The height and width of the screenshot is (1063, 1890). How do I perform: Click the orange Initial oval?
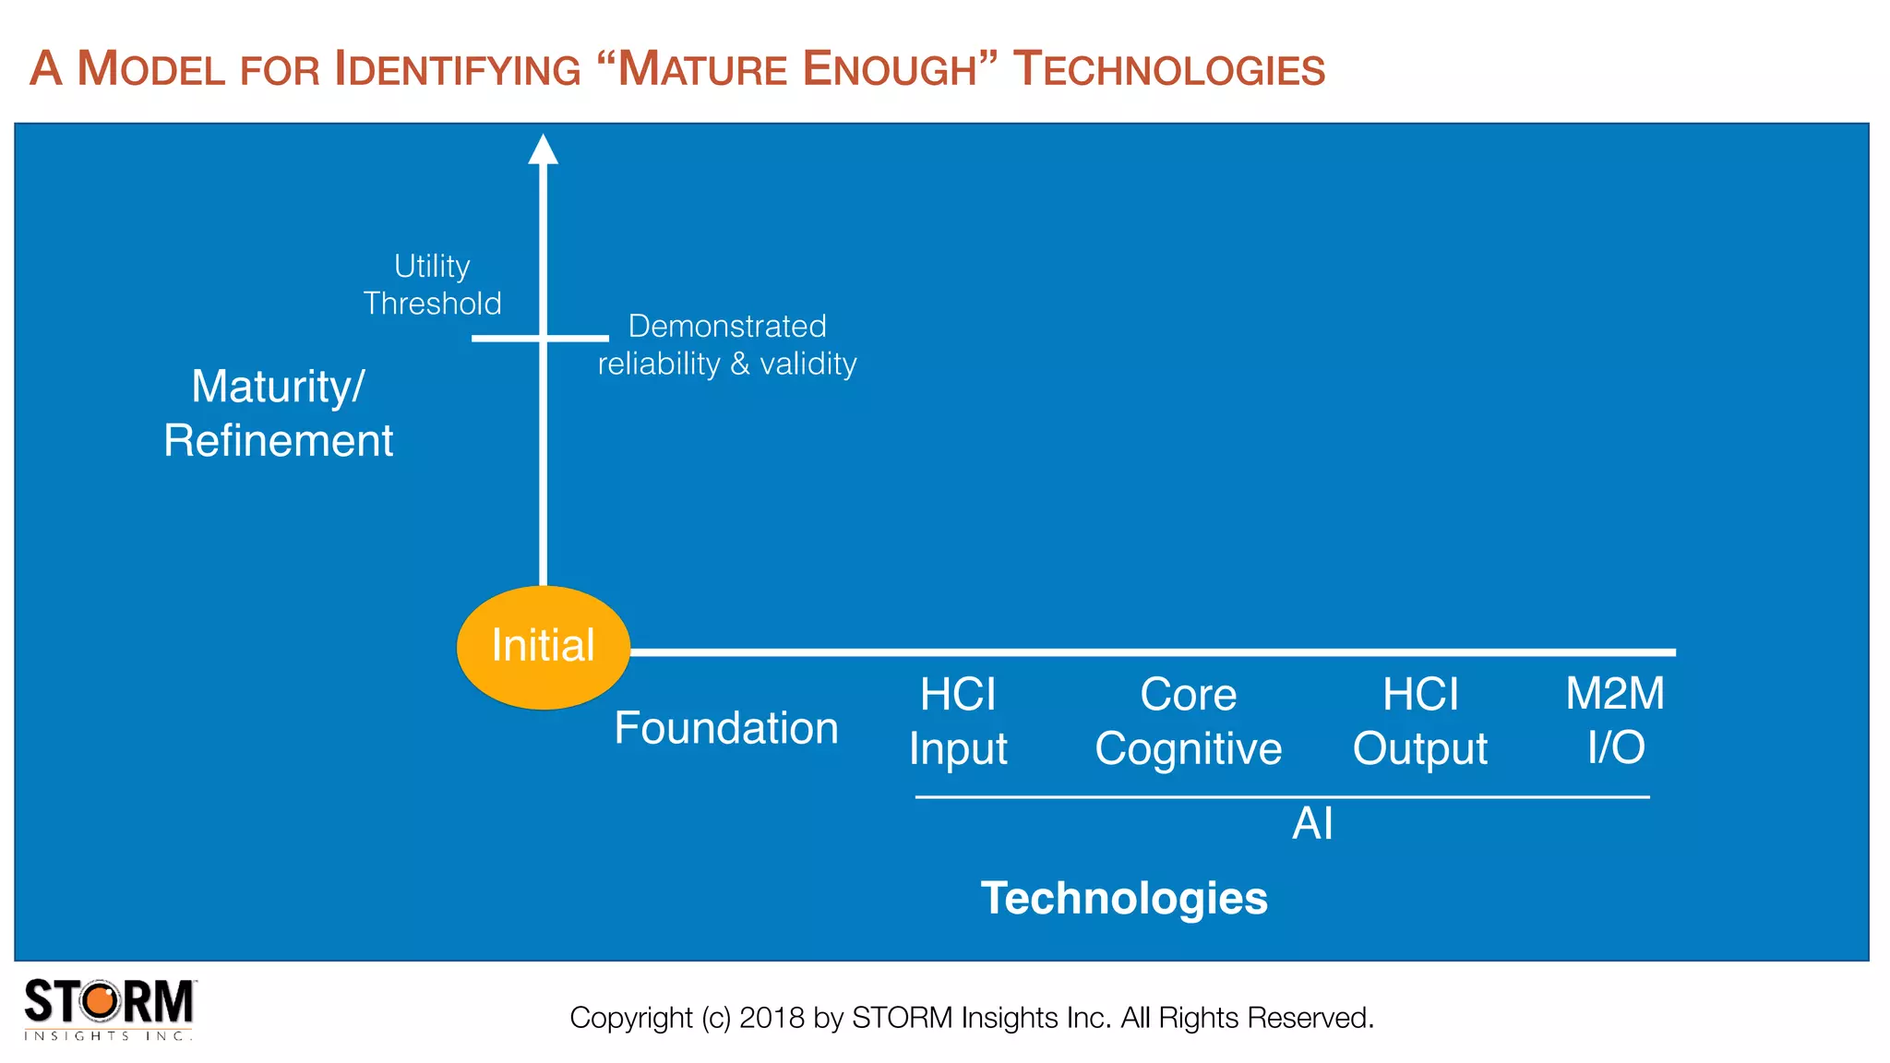[x=543, y=647]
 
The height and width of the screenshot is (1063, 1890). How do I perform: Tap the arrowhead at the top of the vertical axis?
[x=543, y=149]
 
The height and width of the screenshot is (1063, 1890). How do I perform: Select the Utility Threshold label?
[x=432, y=284]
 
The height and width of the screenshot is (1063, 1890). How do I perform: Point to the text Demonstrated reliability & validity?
[x=727, y=345]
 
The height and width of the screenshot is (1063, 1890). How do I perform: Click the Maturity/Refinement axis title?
[x=278, y=412]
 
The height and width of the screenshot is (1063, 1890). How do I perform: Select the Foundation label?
[x=726, y=728]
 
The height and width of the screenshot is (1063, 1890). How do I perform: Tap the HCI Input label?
[x=958, y=721]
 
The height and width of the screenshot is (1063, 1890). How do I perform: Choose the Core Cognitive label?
[x=1188, y=721]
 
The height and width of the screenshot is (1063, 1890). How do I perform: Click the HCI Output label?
[x=1420, y=721]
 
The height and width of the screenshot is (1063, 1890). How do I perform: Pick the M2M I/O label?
[x=1615, y=720]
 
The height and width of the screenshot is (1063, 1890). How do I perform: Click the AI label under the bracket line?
[x=1312, y=823]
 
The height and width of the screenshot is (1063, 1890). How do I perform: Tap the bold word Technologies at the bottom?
[x=1124, y=898]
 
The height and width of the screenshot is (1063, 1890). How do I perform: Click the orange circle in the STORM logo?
[x=102, y=1001]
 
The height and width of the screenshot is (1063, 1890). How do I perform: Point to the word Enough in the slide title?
[x=890, y=69]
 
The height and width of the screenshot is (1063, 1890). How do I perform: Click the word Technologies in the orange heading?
[x=1168, y=69]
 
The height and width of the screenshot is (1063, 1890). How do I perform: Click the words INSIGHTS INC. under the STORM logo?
[x=108, y=1036]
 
